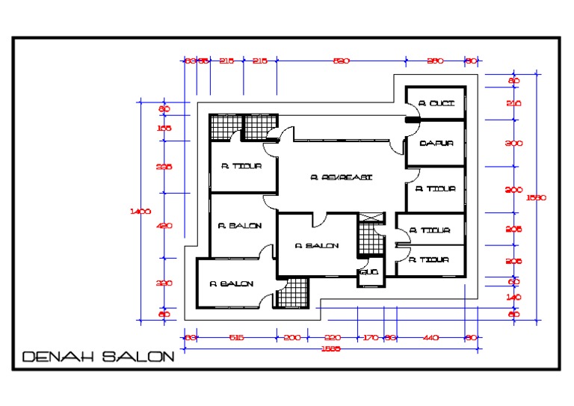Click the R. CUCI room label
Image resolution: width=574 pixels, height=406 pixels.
pyautogui.click(x=436, y=103)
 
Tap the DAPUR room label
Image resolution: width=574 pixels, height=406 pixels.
pyautogui.click(x=436, y=144)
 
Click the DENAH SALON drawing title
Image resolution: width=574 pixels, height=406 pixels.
pyautogui.click(x=99, y=357)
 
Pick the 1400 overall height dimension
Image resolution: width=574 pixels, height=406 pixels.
pyautogui.click(x=141, y=212)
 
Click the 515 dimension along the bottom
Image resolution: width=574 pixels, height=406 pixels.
pyautogui.click(x=236, y=338)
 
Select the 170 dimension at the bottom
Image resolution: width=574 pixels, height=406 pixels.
pyautogui.click(x=370, y=338)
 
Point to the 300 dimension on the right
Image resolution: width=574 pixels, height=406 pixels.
pyautogui.click(x=513, y=144)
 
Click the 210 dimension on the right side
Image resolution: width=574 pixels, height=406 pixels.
pyautogui.click(x=513, y=103)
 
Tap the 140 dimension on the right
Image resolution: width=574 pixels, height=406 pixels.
pyautogui.click(x=513, y=298)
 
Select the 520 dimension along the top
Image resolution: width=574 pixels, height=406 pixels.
pyautogui.click(x=341, y=61)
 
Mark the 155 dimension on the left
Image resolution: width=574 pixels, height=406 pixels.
pyautogui.click(x=164, y=128)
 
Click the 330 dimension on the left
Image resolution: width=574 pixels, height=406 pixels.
pyautogui.click(x=164, y=283)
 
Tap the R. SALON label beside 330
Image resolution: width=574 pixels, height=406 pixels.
pyautogui.click(x=231, y=284)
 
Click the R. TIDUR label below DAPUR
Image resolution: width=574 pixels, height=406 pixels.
pyautogui.click(x=435, y=189)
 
